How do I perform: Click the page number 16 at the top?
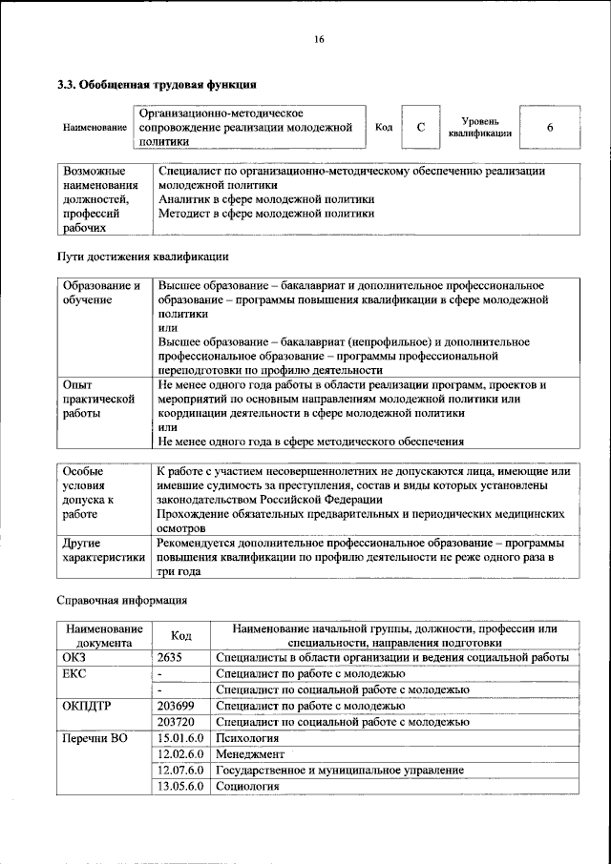(x=318, y=39)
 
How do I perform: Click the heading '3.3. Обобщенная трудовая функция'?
(x=157, y=85)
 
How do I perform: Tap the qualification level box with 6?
(x=550, y=128)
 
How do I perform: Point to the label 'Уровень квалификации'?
(x=479, y=128)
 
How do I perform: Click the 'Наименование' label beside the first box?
(x=95, y=128)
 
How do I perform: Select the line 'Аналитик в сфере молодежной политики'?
(x=265, y=199)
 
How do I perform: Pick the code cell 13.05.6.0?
(x=180, y=786)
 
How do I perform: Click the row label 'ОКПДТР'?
(x=88, y=706)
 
